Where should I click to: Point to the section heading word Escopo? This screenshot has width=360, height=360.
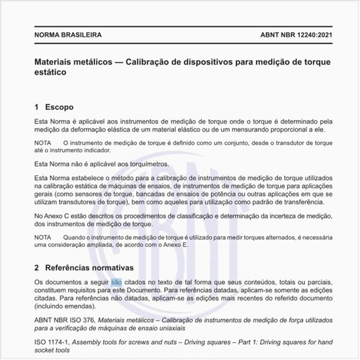(x=60, y=106)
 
